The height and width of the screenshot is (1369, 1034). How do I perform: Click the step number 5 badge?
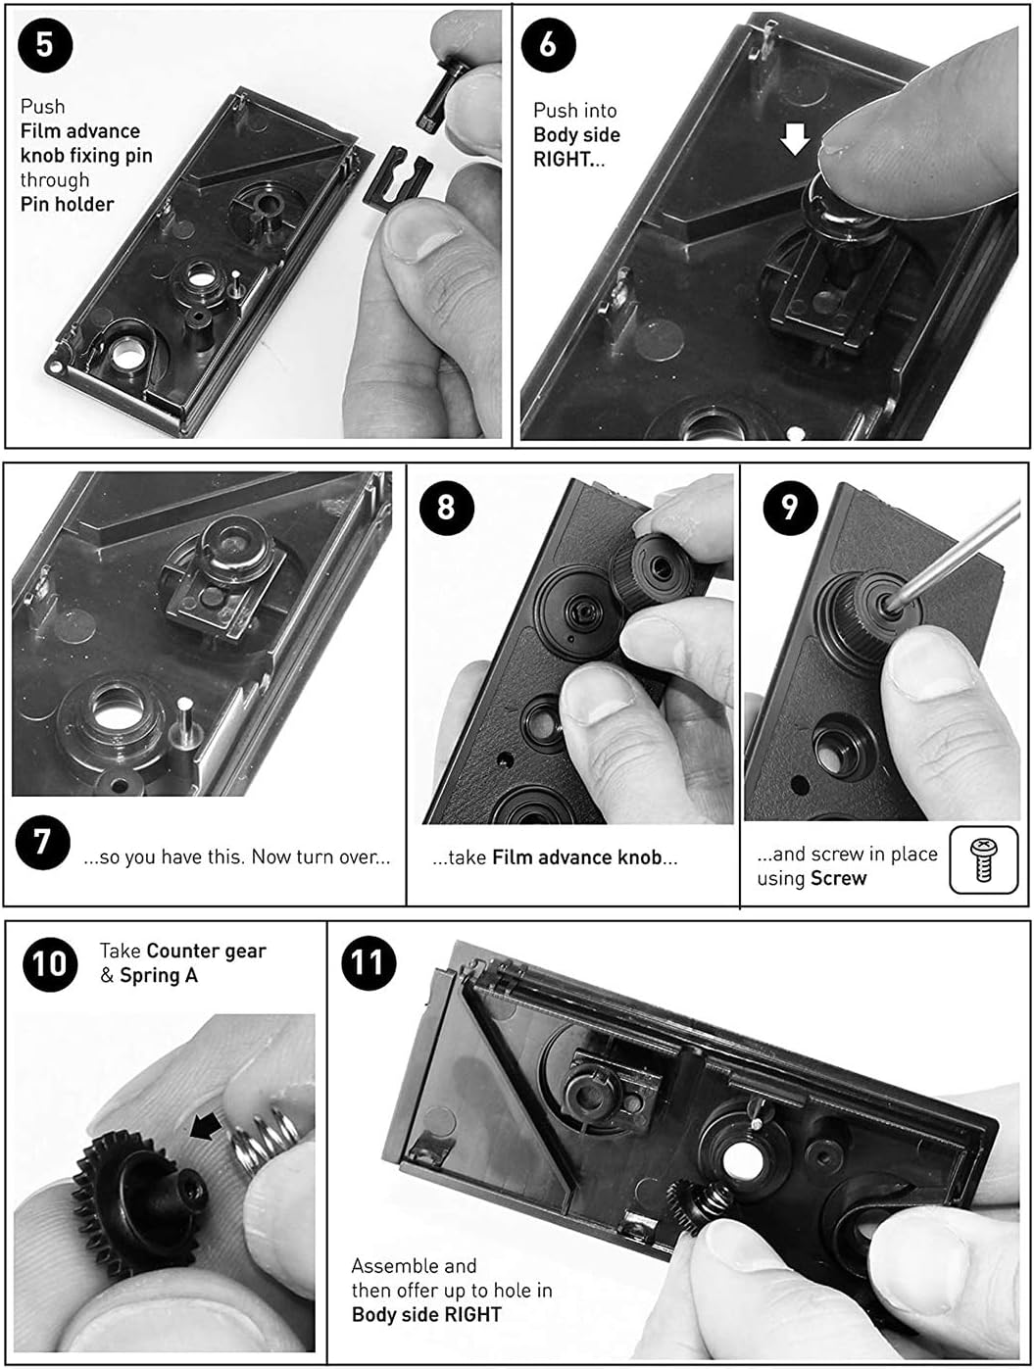coord(45,45)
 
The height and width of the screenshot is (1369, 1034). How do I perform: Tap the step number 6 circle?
coord(548,45)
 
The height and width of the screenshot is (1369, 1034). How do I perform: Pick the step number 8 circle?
coord(446,507)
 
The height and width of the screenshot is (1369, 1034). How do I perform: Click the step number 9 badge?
coord(789,507)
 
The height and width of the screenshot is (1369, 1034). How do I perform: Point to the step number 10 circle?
coord(50,963)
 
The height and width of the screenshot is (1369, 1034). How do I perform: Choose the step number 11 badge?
coord(369,963)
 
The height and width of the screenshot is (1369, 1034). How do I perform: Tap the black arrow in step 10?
coord(205,1128)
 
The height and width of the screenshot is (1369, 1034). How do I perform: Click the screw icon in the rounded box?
coord(983,859)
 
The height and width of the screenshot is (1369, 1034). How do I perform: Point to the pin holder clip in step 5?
coord(396,175)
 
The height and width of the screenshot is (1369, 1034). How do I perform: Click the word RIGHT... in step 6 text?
coord(568,160)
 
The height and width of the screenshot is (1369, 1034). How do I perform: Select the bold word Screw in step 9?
coord(838,878)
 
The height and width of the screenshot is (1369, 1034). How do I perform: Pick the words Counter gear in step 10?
coord(206,951)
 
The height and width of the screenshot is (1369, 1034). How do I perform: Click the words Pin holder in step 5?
coord(67,204)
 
